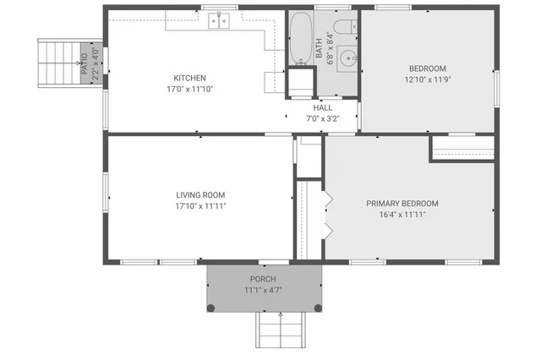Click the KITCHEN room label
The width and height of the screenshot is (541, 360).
(x=189, y=77)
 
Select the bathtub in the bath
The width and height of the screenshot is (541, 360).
(x=300, y=38)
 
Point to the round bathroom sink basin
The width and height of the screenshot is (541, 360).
(x=347, y=57)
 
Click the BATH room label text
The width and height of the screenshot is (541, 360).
(x=320, y=52)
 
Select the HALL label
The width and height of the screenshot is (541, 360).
(x=323, y=108)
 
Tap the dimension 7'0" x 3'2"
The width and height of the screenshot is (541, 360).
(x=323, y=119)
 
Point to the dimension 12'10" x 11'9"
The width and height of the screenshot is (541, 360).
(x=427, y=80)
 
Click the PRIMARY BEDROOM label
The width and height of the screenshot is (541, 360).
(x=402, y=203)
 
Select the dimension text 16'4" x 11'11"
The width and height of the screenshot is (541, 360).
(x=402, y=215)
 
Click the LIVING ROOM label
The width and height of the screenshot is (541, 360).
(x=200, y=194)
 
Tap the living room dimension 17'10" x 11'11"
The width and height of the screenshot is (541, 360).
(x=200, y=206)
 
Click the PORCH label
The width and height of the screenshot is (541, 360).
(x=262, y=279)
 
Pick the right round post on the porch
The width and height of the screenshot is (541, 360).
(x=318, y=307)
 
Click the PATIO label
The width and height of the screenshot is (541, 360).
(x=85, y=63)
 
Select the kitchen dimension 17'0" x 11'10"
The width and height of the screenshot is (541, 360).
(x=189, y=88)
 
